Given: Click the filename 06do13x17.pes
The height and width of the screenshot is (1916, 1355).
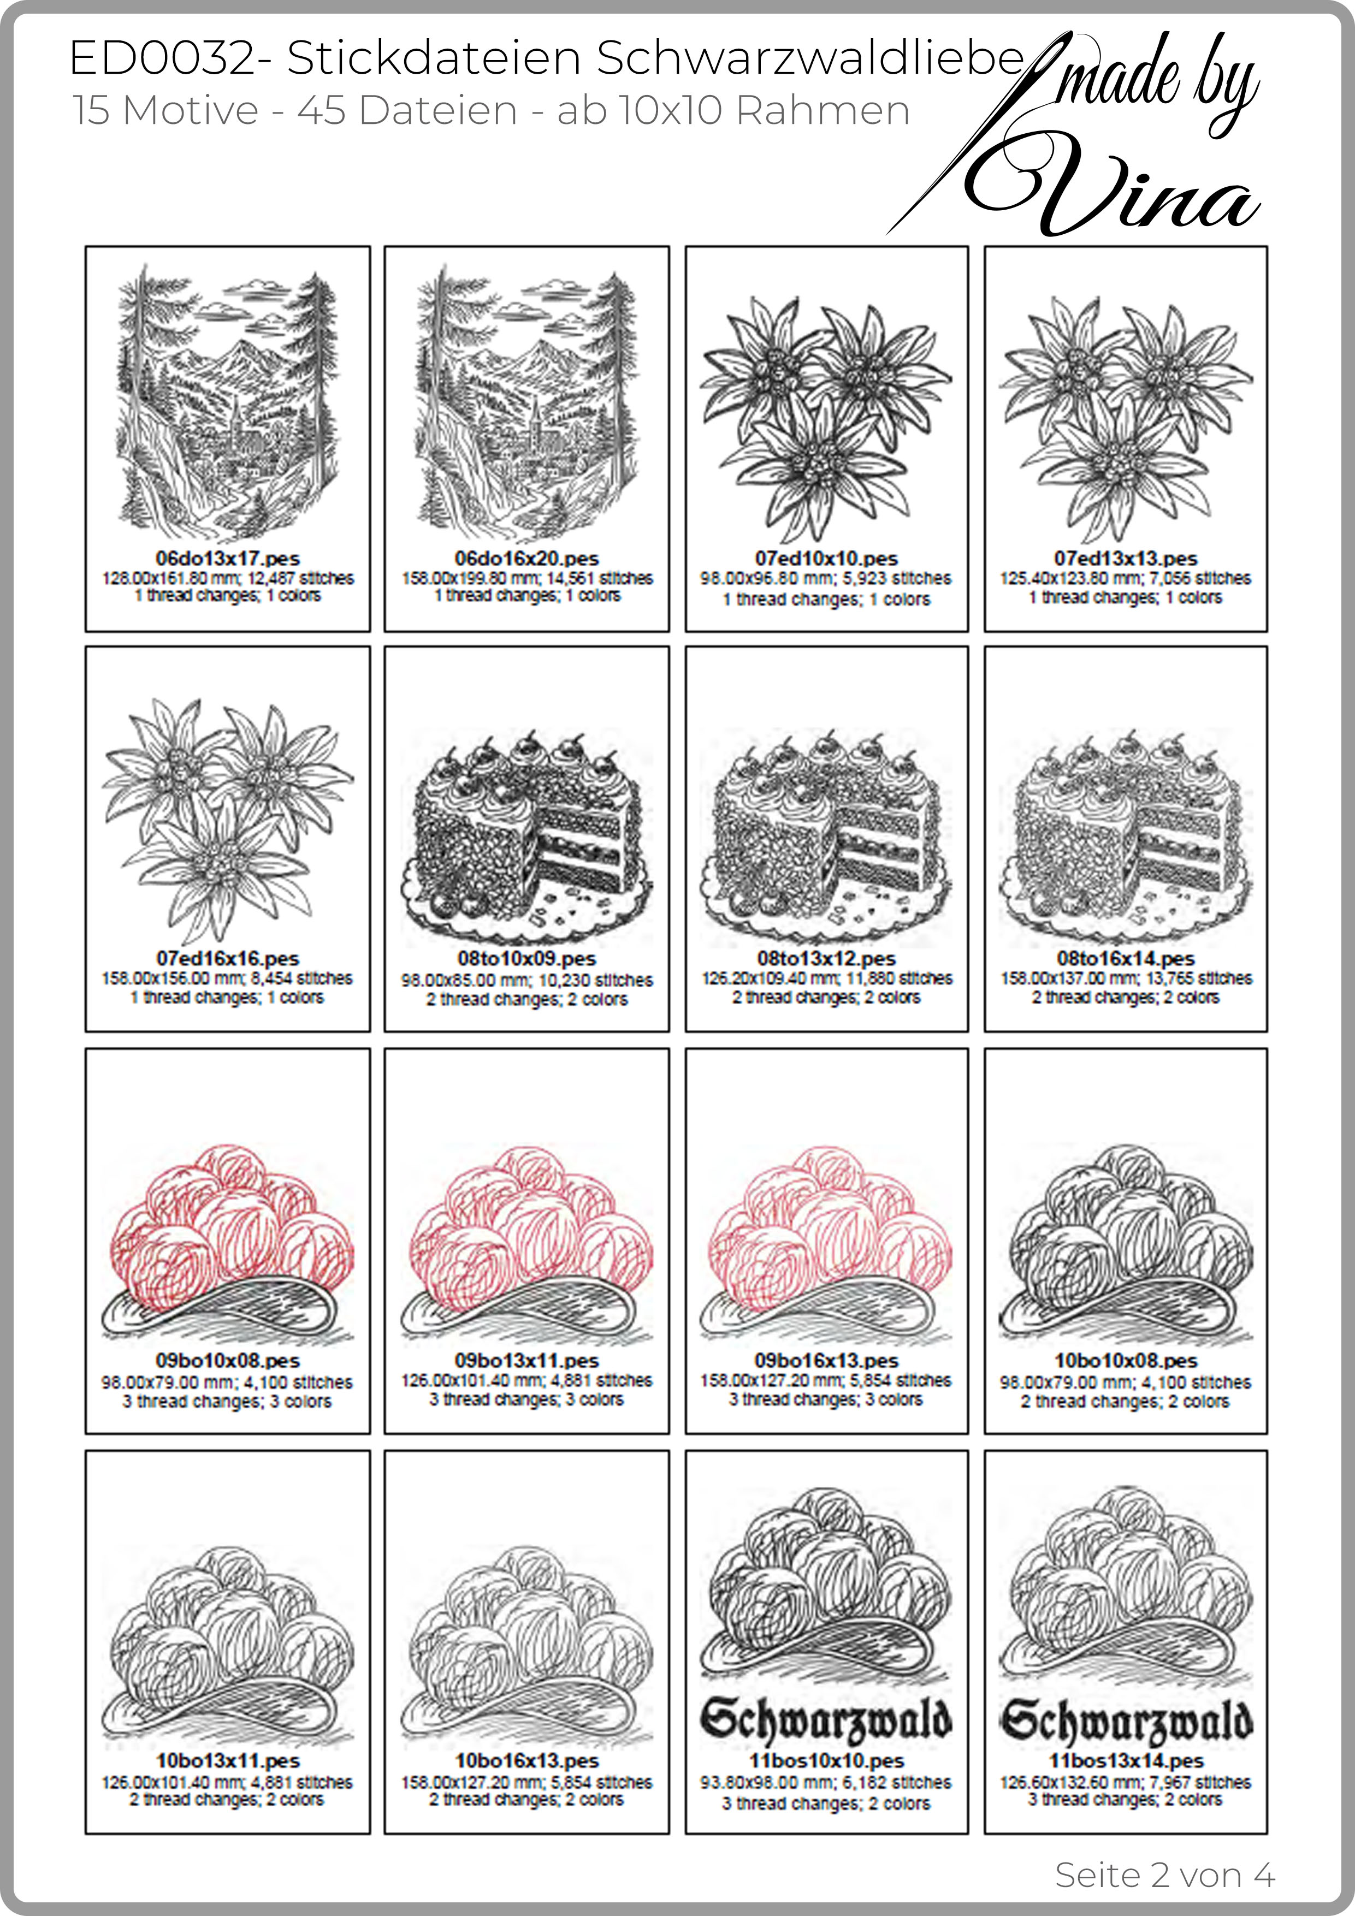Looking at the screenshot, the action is [x=227, y=558].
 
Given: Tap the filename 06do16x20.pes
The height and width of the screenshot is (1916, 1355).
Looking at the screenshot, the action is [x=527, y=558].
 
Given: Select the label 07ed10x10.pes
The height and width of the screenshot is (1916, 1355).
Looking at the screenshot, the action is [x=826, y=558].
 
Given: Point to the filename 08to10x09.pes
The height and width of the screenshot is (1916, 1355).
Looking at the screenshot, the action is [x=527, y=959].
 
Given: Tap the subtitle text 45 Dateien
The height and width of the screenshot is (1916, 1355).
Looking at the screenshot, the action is [x=407, y=110].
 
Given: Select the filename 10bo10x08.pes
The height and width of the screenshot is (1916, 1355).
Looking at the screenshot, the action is [x=1126, y=1361].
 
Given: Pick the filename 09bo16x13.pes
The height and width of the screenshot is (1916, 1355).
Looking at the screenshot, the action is [x=826, y=1361].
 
